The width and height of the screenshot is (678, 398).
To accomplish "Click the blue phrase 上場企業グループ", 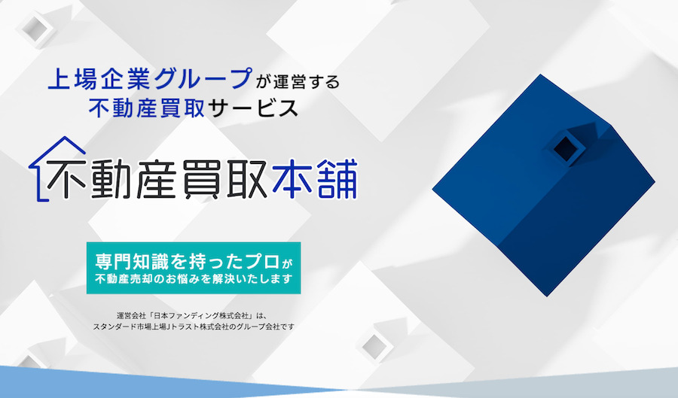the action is click(150, 79).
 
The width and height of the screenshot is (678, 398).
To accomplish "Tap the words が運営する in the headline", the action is click(298, 81).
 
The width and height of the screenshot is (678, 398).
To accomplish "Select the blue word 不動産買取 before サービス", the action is click(147, 108).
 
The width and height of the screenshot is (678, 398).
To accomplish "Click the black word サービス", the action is click(253, 108).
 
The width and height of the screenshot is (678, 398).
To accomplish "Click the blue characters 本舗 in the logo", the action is click(315, 179).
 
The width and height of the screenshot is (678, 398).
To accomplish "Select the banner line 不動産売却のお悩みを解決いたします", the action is click(194, 279).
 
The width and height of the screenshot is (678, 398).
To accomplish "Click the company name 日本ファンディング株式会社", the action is click(197, 315).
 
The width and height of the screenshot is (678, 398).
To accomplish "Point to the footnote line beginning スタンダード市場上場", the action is click(194, 327).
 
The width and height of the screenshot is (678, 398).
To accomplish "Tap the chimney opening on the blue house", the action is click(563, 148).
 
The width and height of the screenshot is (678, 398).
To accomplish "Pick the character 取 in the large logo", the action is click(246, 180).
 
